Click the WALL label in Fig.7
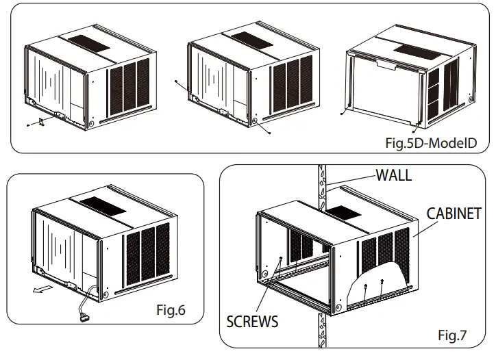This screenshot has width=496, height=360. click(393, 175)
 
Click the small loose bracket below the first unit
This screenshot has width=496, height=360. click(40, 122)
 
